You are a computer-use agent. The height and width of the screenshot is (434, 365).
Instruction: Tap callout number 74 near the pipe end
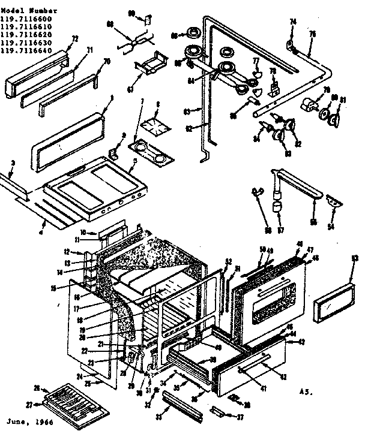tap(293, 22)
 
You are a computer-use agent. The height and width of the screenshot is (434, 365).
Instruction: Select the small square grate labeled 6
tap(153, 126)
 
